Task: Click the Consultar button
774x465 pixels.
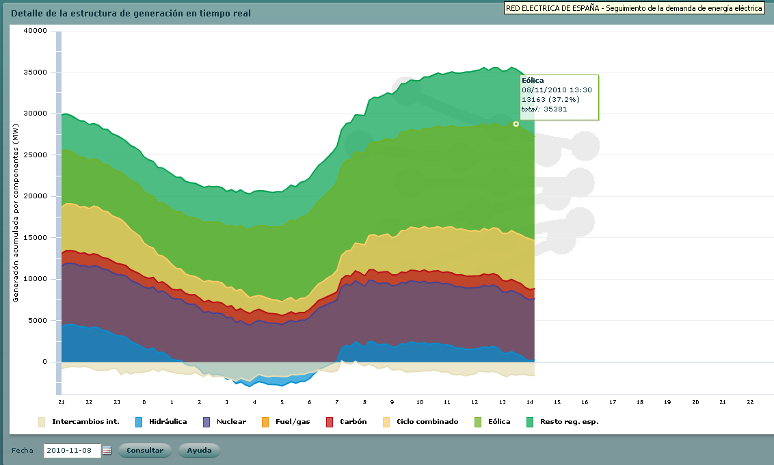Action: pos(145,451)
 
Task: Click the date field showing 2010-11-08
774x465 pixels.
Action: pos(72,451)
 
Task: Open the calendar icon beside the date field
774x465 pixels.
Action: pos(107,451)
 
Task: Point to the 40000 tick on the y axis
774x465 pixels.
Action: pos(35,31)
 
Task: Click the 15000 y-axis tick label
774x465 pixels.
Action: pos(35,238)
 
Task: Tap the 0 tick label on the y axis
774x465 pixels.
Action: pos(44,362)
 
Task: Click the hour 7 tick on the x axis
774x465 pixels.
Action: pos(336,402)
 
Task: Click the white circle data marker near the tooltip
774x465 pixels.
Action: pos(516,124)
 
